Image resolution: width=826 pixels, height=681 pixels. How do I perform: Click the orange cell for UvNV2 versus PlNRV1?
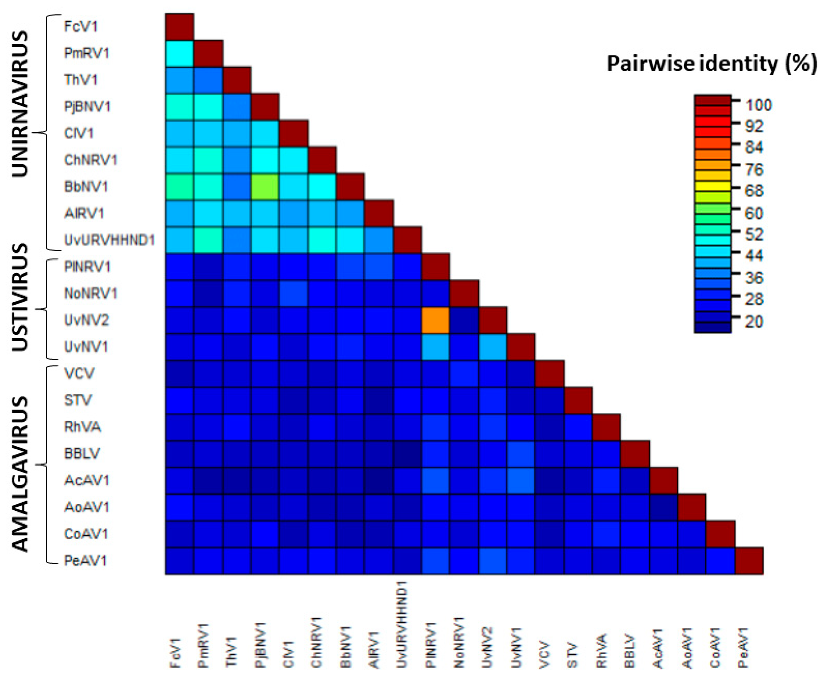[x=436, y=320]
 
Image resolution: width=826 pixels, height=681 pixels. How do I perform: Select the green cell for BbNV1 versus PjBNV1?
[x=265, y=187]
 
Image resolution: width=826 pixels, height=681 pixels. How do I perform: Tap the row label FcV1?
[x=80, y=27]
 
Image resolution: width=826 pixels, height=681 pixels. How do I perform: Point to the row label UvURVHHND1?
[x=109, y=240]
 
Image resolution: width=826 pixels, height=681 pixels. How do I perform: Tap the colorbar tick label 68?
[x=753, y=191]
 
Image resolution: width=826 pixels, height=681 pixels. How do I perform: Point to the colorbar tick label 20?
[x=753, y=322]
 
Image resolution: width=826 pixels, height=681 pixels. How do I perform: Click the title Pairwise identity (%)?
[x=711, y=64]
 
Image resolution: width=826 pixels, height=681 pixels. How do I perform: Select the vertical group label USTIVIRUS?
[x=20, y=297]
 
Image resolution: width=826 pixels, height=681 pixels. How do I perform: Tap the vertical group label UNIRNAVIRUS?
[x=20, y=104]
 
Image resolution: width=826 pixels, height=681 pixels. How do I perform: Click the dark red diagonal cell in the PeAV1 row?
[x=749, y=560]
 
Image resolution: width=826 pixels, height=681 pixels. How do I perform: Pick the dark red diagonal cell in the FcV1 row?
[x=180, y=27]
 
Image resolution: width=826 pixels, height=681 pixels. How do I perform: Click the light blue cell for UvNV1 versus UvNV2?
[x=493, y=347]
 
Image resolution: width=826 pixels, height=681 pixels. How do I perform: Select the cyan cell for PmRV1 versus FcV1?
[x=180, y=53]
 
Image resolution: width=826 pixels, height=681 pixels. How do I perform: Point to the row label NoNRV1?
[x=90, y=294]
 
